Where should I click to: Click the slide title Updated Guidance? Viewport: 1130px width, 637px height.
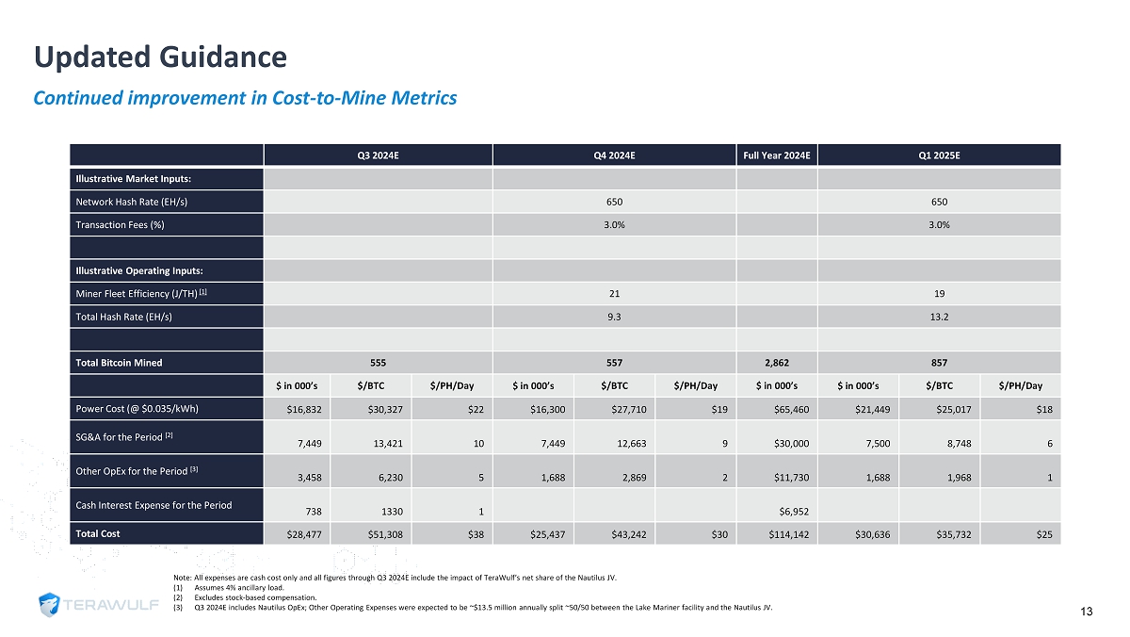[x=160, y=57]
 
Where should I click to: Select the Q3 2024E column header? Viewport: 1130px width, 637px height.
[x=379, y=155]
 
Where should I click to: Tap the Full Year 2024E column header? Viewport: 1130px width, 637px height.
[x=778, y=155]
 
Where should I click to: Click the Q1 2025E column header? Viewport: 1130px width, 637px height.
[x=939, y=155]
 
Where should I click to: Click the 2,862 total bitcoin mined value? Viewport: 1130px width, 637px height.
[x=778, y=362]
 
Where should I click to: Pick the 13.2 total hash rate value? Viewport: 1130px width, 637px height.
[x=939, y=317]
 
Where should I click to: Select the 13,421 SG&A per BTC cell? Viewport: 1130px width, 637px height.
[x=387, y=443]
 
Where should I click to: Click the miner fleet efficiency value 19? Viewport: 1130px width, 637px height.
[x=939, y=293]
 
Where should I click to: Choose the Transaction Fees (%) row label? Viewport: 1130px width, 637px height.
[x=118, y=224]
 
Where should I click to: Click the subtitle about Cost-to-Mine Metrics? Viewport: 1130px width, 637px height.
[x=245, y=98]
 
